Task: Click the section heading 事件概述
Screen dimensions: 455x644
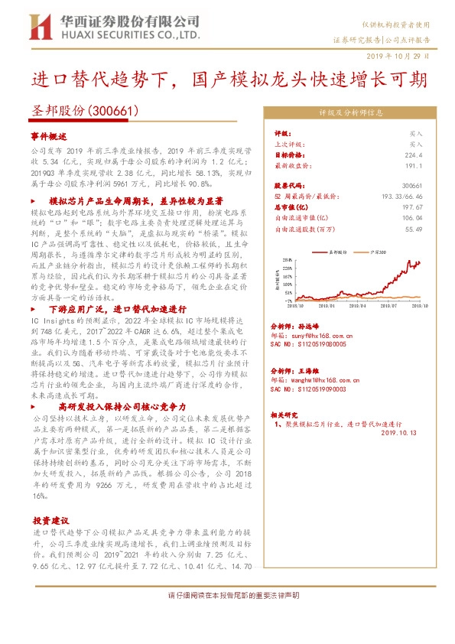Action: point(50,135)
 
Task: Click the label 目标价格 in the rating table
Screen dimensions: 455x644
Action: point(286,154)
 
